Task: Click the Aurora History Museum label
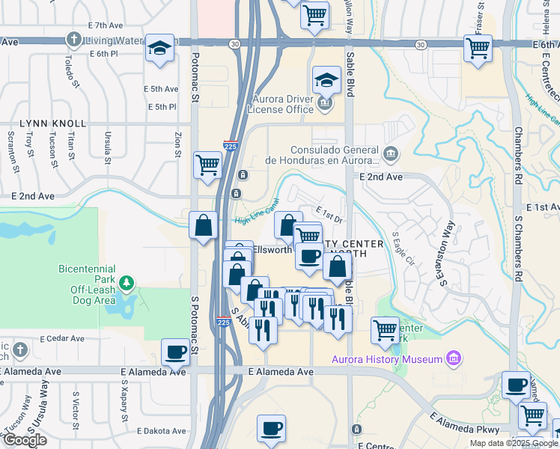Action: click(x=387, y=359)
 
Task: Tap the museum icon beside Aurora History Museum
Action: click(x=452, y=359)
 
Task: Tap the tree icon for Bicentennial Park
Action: click(x=128, y=283)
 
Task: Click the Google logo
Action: click(x=24, y=440)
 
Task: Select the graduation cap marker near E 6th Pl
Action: click(x=159, y=48)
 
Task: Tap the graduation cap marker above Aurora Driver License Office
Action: click(x=326, y=79)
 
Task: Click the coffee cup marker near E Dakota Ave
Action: click(x=271, y=428)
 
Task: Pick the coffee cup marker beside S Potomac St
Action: click(x=176, y=351)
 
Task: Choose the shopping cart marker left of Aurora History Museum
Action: click(x=385, y=329)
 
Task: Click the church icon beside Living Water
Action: click(x=74, y=39)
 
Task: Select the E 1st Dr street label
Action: click(x=328, y=215)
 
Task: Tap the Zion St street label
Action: click(x=178, y=144)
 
